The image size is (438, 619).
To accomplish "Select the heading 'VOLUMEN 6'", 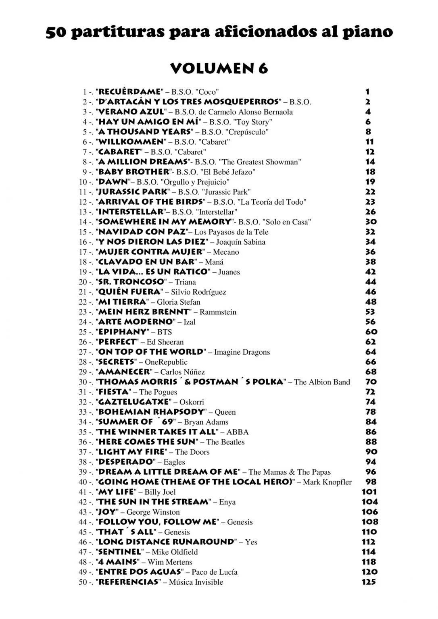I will click(x=219, y=69).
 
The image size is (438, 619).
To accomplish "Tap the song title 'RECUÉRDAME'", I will click(x=129, y=92).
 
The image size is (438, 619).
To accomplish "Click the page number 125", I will click(x=369, y=582).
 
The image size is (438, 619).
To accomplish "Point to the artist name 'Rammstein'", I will click(x=218, y=312).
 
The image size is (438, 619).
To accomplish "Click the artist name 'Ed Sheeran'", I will click(x=165, y=342).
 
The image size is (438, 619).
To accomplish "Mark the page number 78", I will click(x=370, y=412).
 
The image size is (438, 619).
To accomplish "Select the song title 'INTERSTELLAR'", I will click(x=131, y=212).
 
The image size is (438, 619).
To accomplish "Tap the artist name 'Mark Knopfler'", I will click(x=327, y=482).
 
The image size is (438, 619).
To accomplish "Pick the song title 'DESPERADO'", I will click(x=126, y=462).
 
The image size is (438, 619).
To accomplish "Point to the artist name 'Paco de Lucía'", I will click(x=215, y=572).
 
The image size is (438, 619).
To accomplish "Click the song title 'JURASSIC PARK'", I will click(x=133, y=192).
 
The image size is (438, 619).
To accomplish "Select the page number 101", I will click(x=369, y=492).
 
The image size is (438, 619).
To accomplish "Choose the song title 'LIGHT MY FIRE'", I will click(x=132, y=452).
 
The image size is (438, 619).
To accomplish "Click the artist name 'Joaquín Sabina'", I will click(x=241, y=242).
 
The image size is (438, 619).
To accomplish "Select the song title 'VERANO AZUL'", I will click(x=131, y=112).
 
